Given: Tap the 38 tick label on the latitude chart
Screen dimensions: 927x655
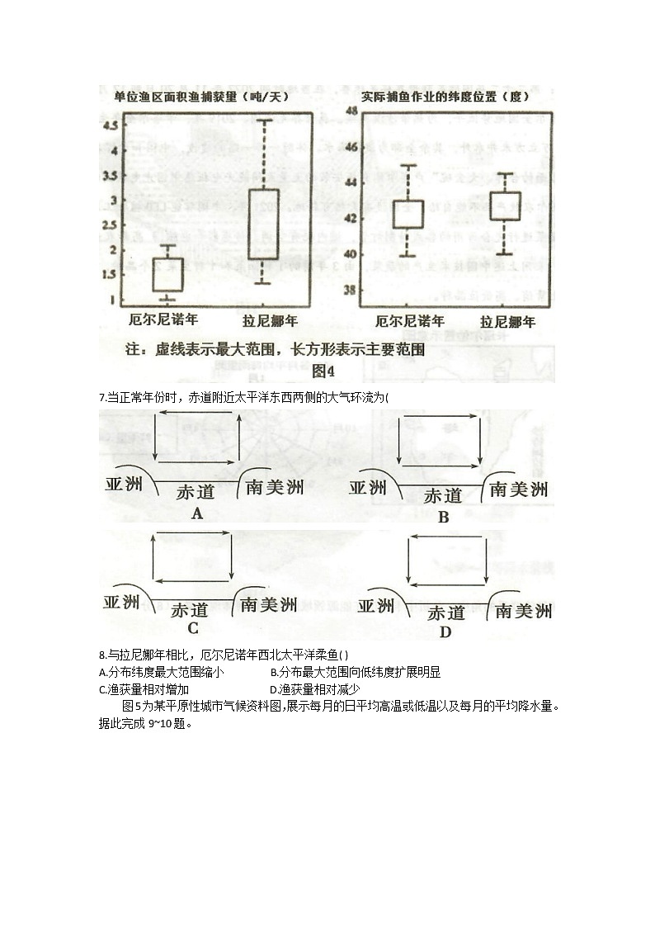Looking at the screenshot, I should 350,291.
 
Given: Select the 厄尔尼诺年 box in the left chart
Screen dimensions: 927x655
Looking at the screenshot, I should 167,274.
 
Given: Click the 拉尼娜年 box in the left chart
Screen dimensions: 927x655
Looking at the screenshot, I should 263,224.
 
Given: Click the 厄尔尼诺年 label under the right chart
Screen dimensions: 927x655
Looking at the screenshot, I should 409,321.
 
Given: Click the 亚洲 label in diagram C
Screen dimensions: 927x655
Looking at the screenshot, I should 122,602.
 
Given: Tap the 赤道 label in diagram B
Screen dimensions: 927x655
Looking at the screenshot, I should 443,496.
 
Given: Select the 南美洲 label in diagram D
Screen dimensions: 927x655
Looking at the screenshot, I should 522,611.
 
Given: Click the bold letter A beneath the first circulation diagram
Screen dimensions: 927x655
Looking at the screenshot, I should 196,513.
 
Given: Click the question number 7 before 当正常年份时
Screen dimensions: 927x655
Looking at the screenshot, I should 101,398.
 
